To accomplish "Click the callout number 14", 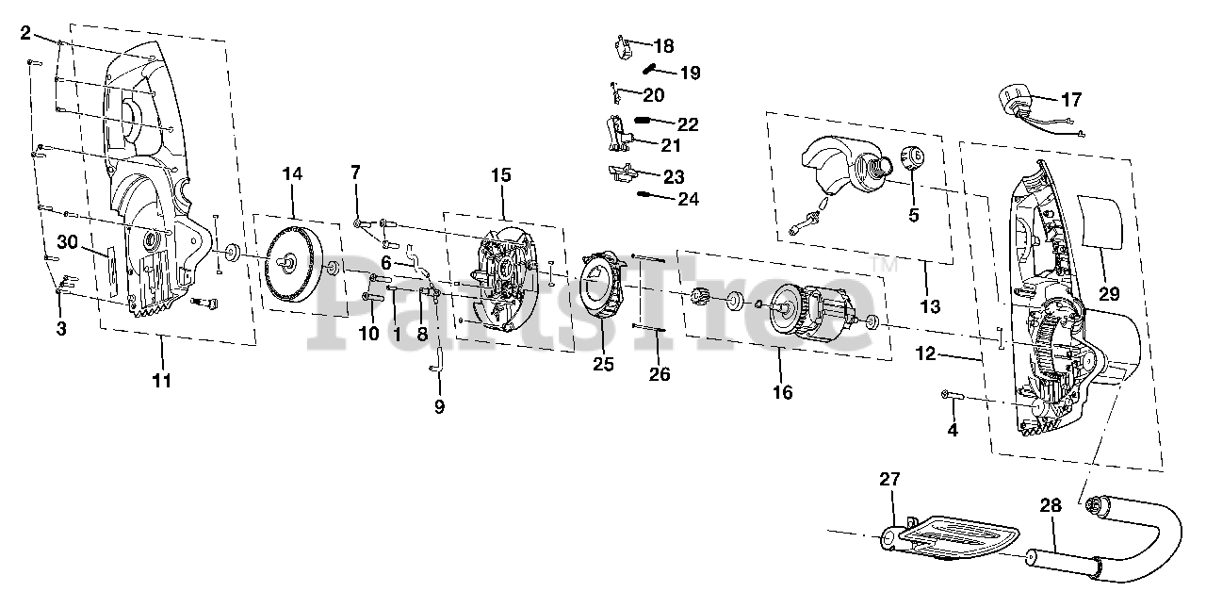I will coord(292,173).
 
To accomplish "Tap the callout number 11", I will coord(161,381).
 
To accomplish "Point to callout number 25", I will coord(603,364).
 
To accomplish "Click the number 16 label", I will coord(781,392).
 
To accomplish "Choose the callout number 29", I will coord(1109,294).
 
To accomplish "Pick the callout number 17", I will coord(1071,99).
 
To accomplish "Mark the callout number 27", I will coord(890,479).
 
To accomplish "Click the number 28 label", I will coord(1051,505).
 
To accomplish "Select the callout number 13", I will coord(930,305).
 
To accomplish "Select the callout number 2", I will coord(25,33).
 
